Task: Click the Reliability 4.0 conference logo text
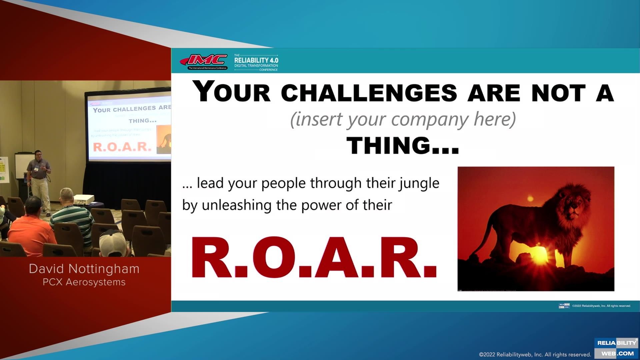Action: coord(256,62)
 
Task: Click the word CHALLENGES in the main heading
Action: coord(369,93)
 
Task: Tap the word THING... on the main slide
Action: coord(403,146)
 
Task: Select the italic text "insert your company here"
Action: coord(403,119)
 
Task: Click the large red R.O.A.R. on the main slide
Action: coord(313,258)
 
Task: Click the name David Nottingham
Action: coord(84,269)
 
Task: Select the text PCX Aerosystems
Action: coord(84,282)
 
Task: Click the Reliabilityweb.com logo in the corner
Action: coord(616,348)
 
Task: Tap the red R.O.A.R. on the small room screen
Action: coord(122,147)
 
